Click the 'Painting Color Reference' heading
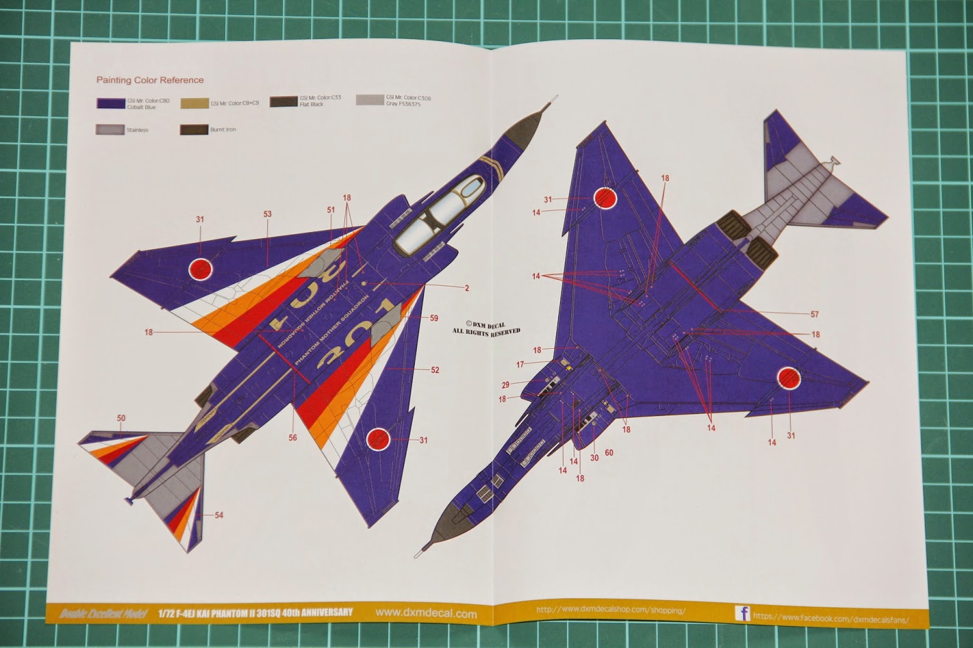pyautogui.click(x=150, y=80)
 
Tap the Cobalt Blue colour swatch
pyautogui.click(x=110, y=103)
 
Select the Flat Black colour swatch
pyautogui.click(x=283, y=102)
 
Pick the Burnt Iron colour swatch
pyautogui.click(x=194, y=130)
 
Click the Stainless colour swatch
pyautogui.click(x=109, y=129)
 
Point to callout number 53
pyautogui.click(x=268, y=215)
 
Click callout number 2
pyautogui.click(x=467, y=288)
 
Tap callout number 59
pyautogui.click(x=434, y=318)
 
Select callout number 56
pyautogui.click(x=293, y=438)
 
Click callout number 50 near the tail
pyautogui.click(x=121, y=418)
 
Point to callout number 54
pyautogui.click(x=219, y=515)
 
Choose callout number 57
pyautogui.click(x=815, y=314)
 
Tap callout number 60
pyautogui.click(x=609, y=453)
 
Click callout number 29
pyautogui.click(x=505, y=385)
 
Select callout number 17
pyautogui.click(x=520, y=365)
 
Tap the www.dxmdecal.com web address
pyautogui.click(x=426, y=613)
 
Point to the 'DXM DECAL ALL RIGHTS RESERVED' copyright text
pyautogui.click(x=486, y=328)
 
